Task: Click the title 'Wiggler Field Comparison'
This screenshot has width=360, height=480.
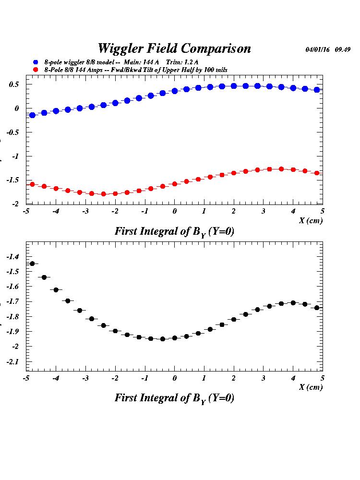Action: pyautogui.click(x=174, y=48)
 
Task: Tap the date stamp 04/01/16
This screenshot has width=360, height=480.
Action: pyautogui.click(x=317, y=49)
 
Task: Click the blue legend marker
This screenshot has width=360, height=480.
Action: pyautogui.click(x=36, y=62)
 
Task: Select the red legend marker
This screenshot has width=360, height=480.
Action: pyautogui.click(x=36, y=70)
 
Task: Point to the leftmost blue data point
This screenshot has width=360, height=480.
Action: pyautogui.click(x=32, y=115)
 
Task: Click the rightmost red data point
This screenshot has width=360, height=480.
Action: pyautogui.click(x=317, y=173)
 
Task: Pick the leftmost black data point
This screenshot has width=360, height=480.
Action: pyautogui.click(x=32, y=264)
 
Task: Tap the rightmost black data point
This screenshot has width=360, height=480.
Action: pyautogui.click(x=317, y=308)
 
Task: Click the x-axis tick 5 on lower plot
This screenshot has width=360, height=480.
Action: pyautogui.click(x=323, y=378)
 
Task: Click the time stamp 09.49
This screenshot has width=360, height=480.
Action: pyautogui.click(x=342, y=49)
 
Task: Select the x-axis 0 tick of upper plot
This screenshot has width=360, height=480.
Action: pyautogui.click(x=175, y=211)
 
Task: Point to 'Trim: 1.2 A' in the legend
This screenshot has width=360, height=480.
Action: pyautogui.click(x=182, y=62)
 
